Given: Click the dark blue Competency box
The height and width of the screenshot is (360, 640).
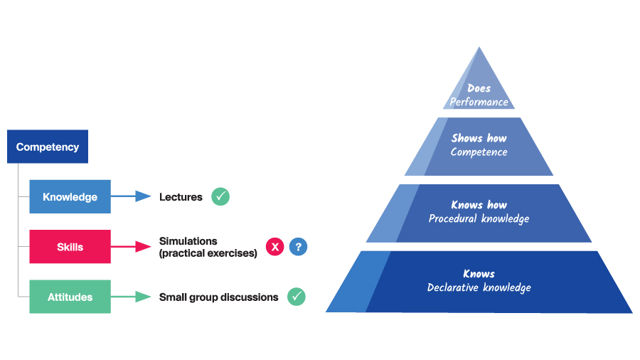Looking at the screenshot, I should point(48,147).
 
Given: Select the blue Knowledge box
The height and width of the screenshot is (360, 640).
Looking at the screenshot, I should point(70,197).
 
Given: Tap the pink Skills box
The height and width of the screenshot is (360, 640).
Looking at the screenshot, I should point(70,247).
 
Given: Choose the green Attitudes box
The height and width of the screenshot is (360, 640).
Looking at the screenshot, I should point(70,297).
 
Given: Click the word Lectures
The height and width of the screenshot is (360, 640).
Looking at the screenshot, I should point(181,197).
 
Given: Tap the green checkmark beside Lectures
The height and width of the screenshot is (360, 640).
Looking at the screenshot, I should point(220,196).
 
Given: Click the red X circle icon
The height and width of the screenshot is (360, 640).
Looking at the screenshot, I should point(275,247).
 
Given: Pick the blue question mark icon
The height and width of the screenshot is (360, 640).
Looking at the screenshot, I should point(299,247).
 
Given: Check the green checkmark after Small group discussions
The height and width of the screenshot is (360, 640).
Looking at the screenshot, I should point(297,297).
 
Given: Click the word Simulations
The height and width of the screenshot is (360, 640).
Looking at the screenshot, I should point(188,241).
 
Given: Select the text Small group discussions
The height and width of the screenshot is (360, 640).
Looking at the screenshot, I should point(218,297).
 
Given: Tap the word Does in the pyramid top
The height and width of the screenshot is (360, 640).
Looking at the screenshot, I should point(479,89).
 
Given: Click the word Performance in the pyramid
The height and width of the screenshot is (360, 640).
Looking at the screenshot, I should point(479,102).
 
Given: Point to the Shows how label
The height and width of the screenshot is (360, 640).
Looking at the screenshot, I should point(479,139).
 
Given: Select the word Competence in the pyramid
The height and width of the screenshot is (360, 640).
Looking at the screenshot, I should point(479,152).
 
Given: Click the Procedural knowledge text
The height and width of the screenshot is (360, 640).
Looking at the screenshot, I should point(479,219).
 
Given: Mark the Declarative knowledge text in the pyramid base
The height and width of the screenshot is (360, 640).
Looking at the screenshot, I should point(479,287).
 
